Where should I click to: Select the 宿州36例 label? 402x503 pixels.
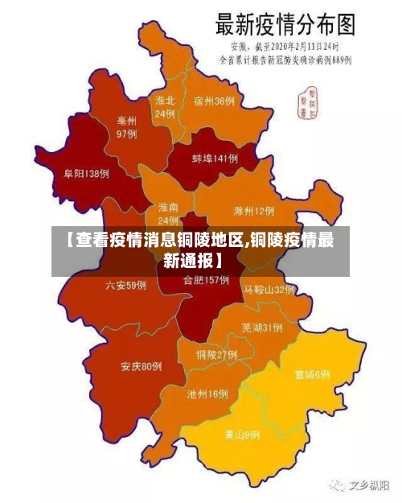pyautogui.click(x=214, y=101)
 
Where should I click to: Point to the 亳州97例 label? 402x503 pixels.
pyautogui.click(x=126, y=127)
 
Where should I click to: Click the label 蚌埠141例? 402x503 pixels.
pyautogui.click(x=215, y=159)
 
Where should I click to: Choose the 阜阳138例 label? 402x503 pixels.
pyautogui.click(x=86, y=173)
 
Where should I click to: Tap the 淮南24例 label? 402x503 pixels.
pyautogui.click(x=168, y=213)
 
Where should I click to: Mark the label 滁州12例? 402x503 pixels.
pyautogui.click(x=253, y=211)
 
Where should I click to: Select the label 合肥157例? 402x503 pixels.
pyautogui.click(x=206, y=281)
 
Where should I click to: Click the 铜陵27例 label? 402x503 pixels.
pyautogui.click(x=216, y=354)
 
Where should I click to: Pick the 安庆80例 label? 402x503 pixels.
pyautogui.click(x=142, y=366)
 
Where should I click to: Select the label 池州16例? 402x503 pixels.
pyautogui.click(x=207, y=394)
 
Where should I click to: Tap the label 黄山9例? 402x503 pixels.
pyautogui.click(x=241, y=435)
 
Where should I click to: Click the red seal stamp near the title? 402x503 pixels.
pyautogui.click(x=308, y=100)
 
